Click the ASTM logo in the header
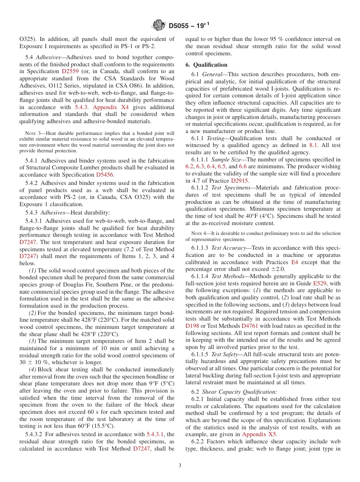tap(158, 25)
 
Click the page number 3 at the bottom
tap(180, 465)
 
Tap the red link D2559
tap(70, 71)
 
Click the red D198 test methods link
tap(193, 326)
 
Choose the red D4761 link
tap(250, 326)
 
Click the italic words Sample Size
tap(227, 160)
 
